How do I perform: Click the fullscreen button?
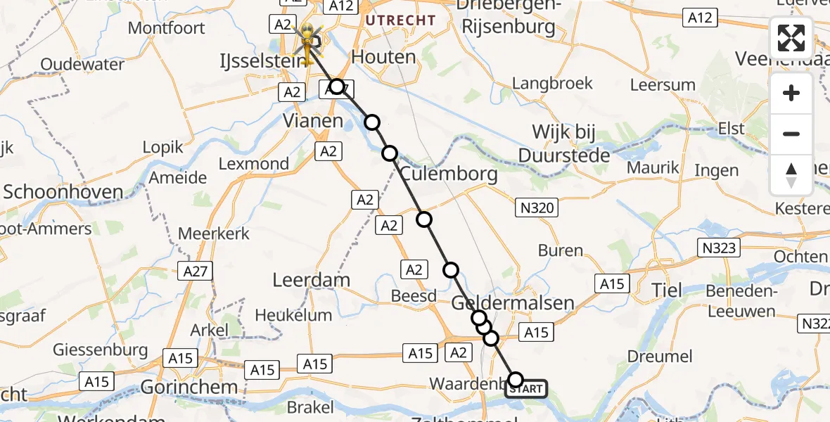[x=791, y=38]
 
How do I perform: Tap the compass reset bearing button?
[x=791, y=175]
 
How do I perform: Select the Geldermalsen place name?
[x=512, y=302]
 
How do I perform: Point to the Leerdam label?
[x=311, y=280]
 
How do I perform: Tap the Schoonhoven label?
[x=63, y=192]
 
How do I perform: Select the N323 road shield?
[x=719, y=248]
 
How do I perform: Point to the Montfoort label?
[x=167, y=28]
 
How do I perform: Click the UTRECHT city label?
[x=400, y=20]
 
